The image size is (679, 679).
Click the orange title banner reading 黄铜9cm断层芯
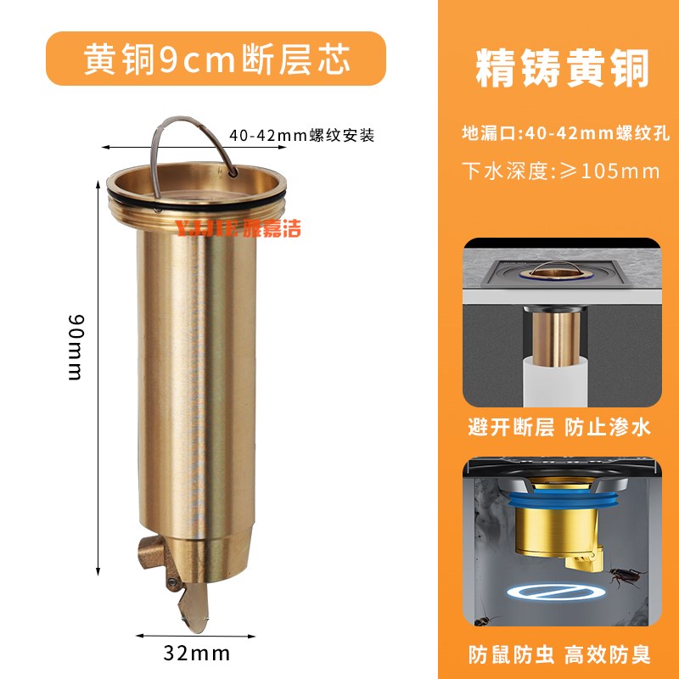216,59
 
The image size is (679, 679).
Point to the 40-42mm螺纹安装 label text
301,135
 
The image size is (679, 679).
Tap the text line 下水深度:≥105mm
560,171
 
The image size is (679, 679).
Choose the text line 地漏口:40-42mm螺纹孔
560,133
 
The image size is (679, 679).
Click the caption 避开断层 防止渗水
560,427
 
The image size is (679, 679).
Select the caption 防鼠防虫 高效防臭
560,654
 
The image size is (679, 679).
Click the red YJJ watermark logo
237,227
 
